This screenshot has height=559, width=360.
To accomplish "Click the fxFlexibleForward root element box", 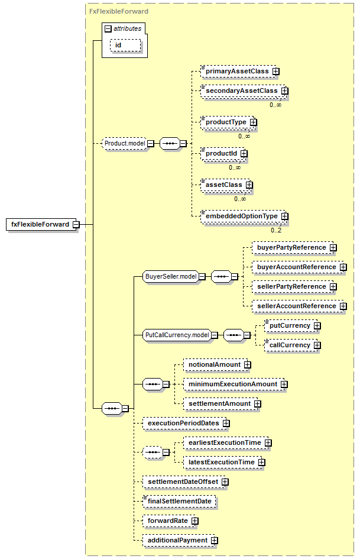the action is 41,224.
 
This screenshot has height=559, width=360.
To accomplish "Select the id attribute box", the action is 125,46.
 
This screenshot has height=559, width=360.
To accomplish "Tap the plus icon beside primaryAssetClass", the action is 276,72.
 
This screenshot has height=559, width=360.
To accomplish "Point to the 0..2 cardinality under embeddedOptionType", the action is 276,230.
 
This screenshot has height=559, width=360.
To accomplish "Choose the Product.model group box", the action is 124,143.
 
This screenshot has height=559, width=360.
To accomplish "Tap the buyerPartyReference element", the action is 294,247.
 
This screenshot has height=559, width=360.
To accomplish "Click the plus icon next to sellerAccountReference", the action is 343,306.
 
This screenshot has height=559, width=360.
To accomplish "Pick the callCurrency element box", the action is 292,345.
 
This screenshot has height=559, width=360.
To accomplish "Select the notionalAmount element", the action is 217,365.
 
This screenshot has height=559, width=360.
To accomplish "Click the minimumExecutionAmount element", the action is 235,384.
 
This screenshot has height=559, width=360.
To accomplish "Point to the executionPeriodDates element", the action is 186,423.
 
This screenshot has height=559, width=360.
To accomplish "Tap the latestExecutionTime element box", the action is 224,463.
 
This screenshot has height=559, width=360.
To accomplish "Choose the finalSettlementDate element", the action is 180,501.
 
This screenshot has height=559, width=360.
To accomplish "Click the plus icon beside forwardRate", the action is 194,521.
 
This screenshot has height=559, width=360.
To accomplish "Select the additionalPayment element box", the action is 180,541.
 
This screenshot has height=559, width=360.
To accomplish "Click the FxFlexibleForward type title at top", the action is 119,11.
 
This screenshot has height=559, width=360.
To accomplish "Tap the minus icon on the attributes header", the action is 108,29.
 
